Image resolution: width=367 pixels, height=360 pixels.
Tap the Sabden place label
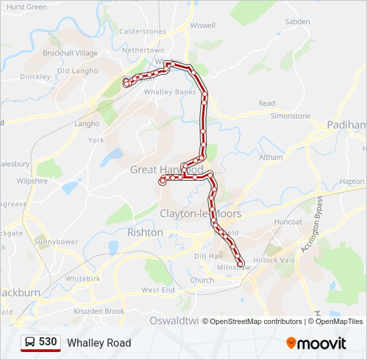coord(297,21)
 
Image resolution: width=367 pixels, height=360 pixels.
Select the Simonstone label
coord(290,115)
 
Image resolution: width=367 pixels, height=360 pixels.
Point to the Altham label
coord(271,157)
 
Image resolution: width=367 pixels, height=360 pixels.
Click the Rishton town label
coord(145,233)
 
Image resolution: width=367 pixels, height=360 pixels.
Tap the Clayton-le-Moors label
coord(200,213)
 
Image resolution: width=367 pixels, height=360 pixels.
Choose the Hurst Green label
coord(27,7)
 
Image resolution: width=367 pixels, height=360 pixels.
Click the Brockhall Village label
coord(70,53)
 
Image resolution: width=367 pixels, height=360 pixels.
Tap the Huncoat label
coord(288,221)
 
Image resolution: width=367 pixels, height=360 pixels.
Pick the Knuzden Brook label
coord(99,311)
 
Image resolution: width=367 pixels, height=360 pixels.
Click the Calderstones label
coord(142,31)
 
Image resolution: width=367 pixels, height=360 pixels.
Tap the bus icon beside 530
coord(31,342)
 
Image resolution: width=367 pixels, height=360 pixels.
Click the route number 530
coord(47,342)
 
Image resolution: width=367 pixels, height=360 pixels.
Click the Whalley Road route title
coord(99,343)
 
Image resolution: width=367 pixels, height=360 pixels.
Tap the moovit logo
coord(316,343)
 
